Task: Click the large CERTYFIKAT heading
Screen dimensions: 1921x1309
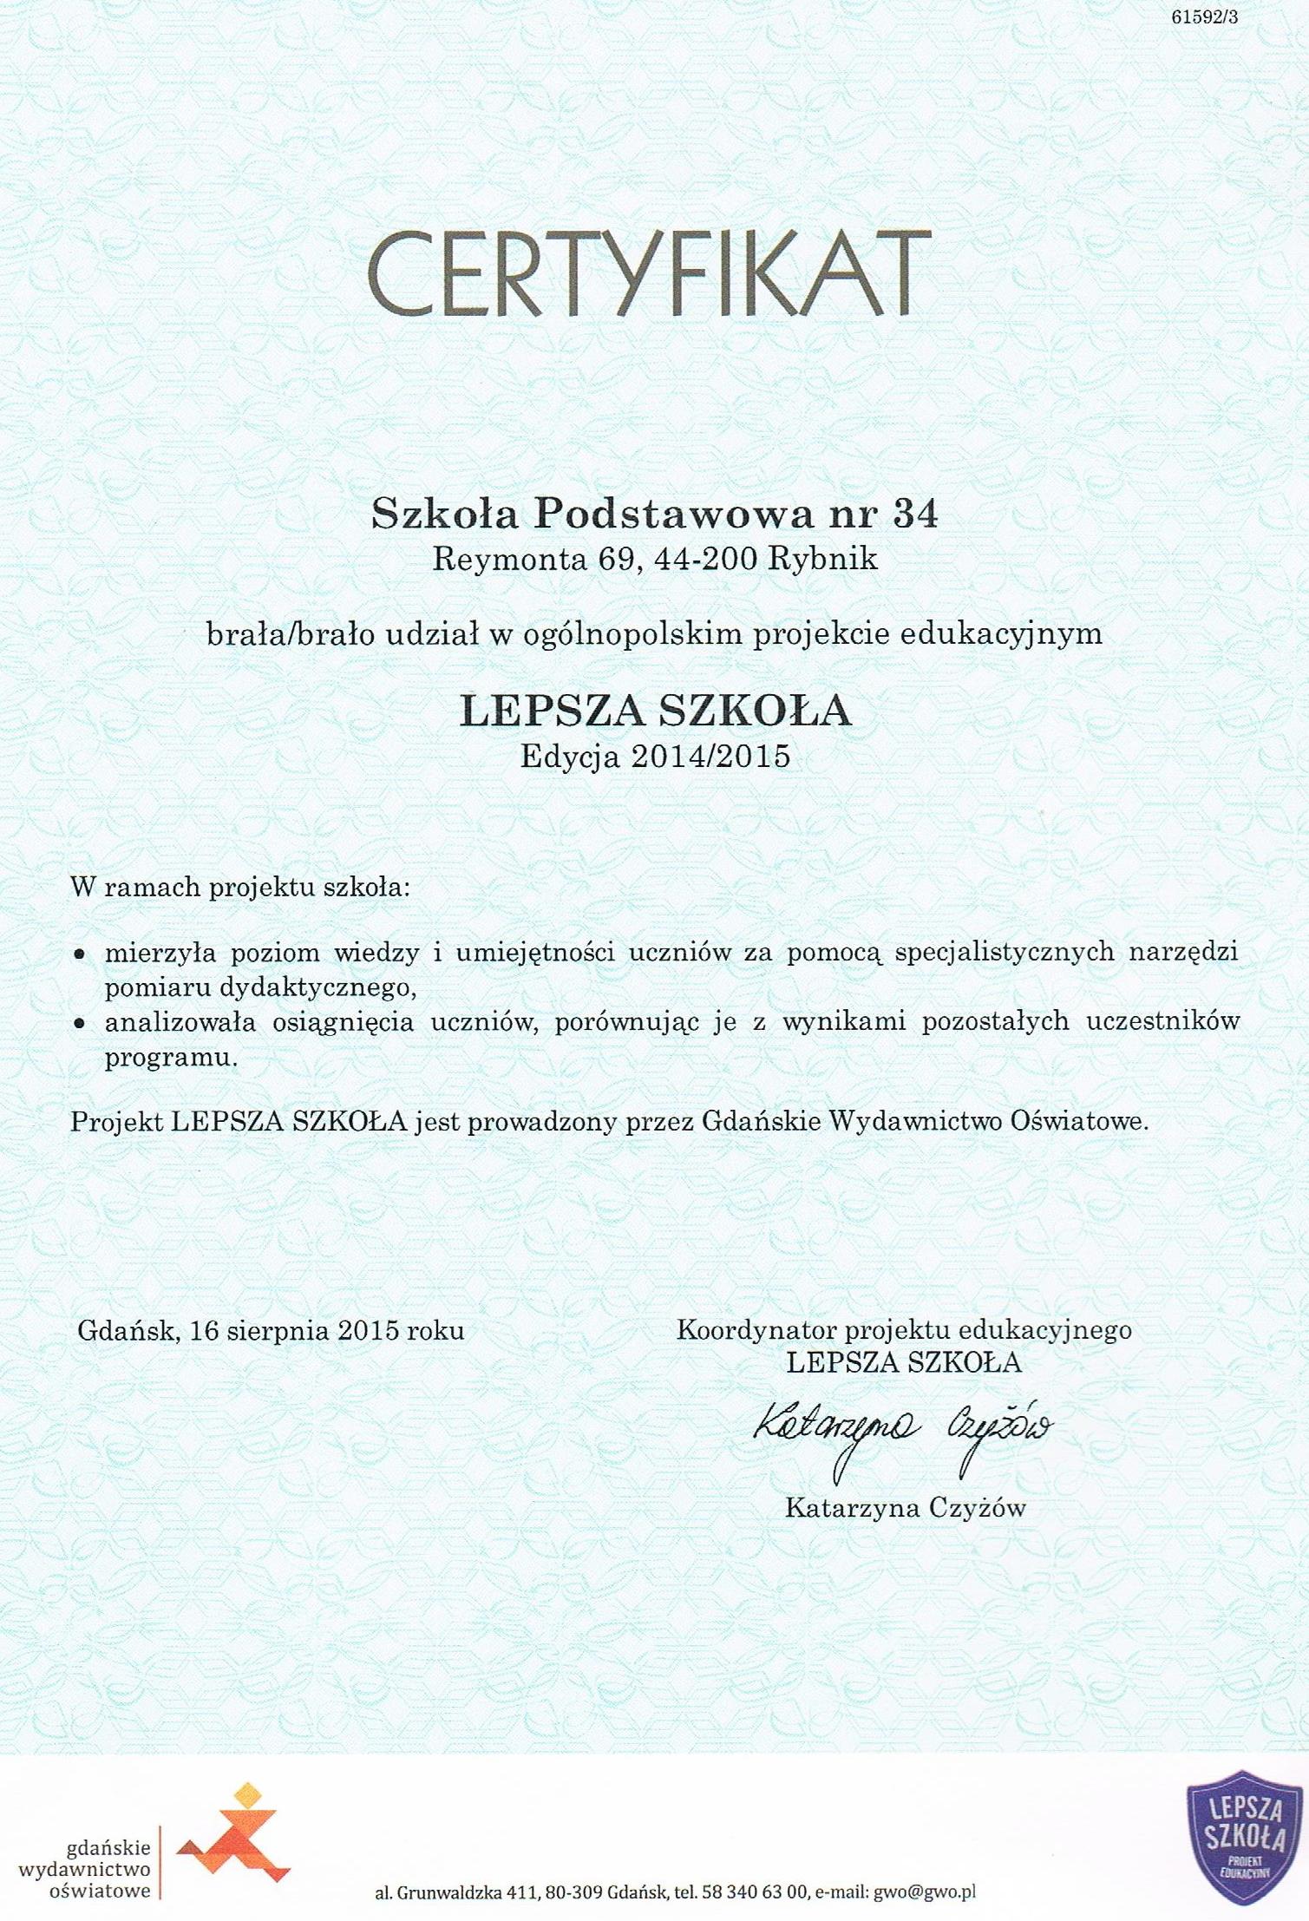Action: (x=649, y=274)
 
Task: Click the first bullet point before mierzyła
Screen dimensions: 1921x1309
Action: (x=79, y=954)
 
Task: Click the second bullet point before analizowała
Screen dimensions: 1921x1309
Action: (x=79, y=1024)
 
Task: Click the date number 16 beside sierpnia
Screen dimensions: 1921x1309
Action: (x=203, y=1330)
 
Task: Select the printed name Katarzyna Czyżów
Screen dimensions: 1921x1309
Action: (x=905, y=1508)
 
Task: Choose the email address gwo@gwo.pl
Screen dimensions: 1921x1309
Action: (x=925, y=1891)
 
